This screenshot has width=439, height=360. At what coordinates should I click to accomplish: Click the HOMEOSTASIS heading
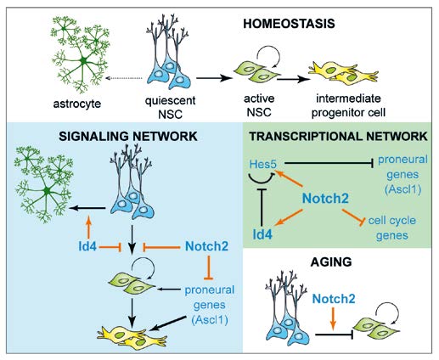click(289, 24)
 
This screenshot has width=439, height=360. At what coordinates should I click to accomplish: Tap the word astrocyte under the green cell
click(77, 104)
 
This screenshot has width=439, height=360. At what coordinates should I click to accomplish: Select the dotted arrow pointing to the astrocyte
click(124, 78)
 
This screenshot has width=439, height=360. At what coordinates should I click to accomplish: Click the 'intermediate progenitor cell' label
click(348, 105)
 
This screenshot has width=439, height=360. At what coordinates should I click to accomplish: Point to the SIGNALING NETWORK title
click(128, 137)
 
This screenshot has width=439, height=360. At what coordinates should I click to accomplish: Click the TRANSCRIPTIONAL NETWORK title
click(338, 137)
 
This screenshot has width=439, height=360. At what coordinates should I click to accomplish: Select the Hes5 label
click(262, 165)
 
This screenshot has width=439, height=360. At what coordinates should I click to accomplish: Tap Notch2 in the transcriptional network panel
click(325, 199)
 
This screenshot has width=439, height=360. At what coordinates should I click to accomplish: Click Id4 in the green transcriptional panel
click(262, 234)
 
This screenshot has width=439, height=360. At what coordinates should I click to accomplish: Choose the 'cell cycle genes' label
click(392, 228)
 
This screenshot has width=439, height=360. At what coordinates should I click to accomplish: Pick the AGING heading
click(331, 262)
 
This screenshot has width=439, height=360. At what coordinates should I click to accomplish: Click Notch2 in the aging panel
click(334, 299)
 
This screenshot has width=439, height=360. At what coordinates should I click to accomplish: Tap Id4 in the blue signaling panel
click(87, 246)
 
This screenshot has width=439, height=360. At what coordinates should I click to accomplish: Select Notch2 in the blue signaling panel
click(206, 246)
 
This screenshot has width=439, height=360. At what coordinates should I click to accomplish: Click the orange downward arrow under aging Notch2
click(333, 318)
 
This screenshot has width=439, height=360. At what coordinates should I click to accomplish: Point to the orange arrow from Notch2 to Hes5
click(289, 178)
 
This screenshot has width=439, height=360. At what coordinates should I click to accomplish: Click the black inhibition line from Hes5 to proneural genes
click(329, 163)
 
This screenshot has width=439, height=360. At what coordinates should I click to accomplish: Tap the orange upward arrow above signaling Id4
click(88, 227)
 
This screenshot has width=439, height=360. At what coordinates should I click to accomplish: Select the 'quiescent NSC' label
click(170, 107)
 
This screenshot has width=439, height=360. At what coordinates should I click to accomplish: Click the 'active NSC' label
click(259, 105)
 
